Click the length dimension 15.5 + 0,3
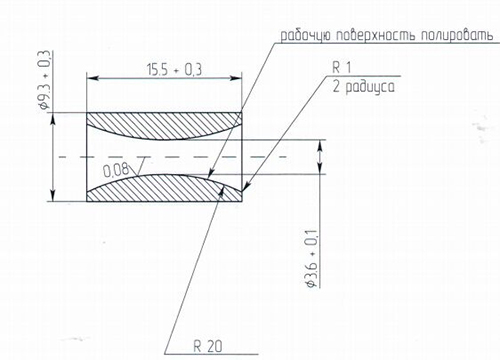(174, 70)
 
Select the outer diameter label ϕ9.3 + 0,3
(45, 80)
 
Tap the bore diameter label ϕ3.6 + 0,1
(311, 259)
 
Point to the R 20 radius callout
(208, 347)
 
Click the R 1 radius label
(342, 68)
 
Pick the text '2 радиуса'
(363, 87)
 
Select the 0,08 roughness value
(116, 170)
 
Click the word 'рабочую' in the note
(305, 36)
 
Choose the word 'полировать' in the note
(457, 36)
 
